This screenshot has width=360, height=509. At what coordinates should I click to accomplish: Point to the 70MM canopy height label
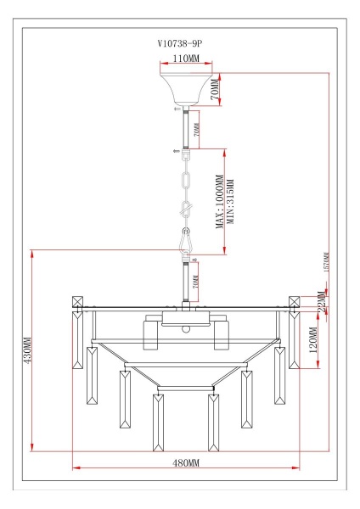pos(216,87)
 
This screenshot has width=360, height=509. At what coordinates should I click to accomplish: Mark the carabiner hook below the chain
pos(185,243)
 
